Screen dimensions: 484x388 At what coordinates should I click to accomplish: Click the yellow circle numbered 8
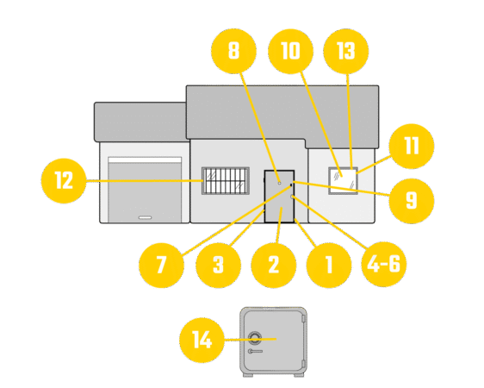pyautogui.click(x=233, y=51)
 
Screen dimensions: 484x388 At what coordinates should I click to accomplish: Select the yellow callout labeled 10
pyautogui.click(x=290, y=51)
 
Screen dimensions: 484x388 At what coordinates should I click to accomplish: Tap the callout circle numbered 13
pyautogui.click(x=345, y=51)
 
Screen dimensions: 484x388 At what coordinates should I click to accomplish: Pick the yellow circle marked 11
pyautogui.click(x=412, y=146)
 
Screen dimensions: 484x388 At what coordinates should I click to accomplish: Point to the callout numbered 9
pyautogui.click(x=412, y=201)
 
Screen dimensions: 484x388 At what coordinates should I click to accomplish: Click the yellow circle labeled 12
pyautogui.click(x=64, y=181)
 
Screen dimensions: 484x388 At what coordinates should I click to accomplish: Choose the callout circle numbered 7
pyautogui.click(x=161, y=265)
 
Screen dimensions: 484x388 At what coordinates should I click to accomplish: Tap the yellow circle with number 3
pyautogui.click(x=218, y=265)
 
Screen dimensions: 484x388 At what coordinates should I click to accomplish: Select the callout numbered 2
pyautogui.click(x=274, y=265)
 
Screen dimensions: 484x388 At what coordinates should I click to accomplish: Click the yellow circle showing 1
pyautogui.click(x=329, y=265)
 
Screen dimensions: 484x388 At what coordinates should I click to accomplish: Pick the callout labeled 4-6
pyautogui.click(x=384, y=265)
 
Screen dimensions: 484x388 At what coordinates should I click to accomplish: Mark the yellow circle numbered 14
pyautogui.click(x=202, y=340)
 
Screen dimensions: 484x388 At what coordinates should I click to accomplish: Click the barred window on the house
pyautogui.click(x=226, y=181)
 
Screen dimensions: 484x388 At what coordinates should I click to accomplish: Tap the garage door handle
pyautogui.click(x=145, y=218)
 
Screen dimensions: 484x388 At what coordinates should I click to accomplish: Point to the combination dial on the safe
pyautogui.click(x=255, y=338)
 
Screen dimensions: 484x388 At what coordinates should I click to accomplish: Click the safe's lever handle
pyautogui.click(x=255, y=351)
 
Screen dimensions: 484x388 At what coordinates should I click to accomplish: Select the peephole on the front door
pyautogui.click(x=280, y=183)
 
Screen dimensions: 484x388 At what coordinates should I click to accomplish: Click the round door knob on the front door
pyautogui.click(x=292, y=197)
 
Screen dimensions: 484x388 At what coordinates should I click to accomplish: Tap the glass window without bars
pyautogui.click(x=343, y=181)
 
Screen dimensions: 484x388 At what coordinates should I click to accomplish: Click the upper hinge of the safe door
pyautogui.click(x=303, y=318)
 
